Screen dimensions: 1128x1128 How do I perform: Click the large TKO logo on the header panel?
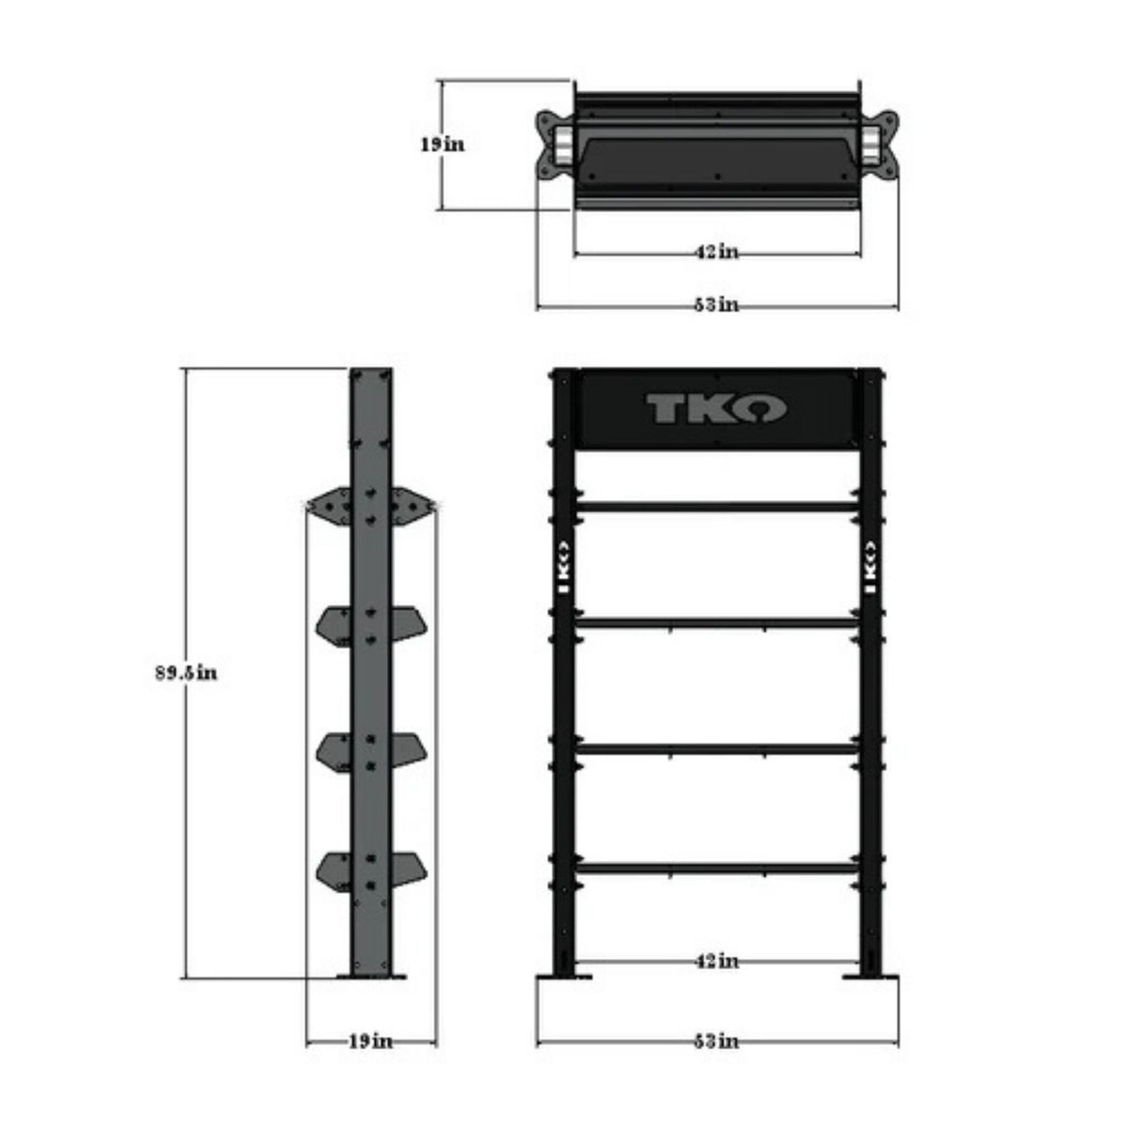[716, 409]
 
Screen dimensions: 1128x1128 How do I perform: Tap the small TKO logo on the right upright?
[869, 567]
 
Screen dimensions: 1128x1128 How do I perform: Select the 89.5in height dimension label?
[186, 673]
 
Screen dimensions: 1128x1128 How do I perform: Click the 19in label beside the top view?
[442, 145]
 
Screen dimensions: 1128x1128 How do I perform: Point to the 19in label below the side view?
[370, 1041]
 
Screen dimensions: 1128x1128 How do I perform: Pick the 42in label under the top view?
[716, 251]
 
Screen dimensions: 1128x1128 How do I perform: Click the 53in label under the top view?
[716, 305]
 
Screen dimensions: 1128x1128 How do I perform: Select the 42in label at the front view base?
[716, 961]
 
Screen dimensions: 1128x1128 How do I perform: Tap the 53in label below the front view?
[716, 1041]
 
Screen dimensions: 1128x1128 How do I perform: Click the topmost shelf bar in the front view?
[716, 507]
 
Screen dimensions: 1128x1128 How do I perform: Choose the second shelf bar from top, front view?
[716, 622]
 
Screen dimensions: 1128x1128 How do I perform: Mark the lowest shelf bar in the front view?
[716, 868]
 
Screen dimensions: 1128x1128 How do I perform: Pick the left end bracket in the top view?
[549, 145]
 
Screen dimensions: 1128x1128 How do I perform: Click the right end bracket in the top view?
[884, 145]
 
